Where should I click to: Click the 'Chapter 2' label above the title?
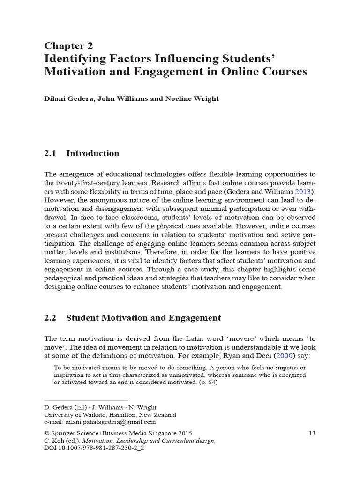pos(68,45)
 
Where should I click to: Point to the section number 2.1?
pos(50,153)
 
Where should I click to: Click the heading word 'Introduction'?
pos(92,153)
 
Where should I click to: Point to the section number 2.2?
pos(50,318)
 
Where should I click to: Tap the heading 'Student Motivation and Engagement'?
pos(143,318)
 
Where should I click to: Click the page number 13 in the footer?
pos(312,433)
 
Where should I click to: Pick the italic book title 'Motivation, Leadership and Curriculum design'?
pos(144,441)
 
